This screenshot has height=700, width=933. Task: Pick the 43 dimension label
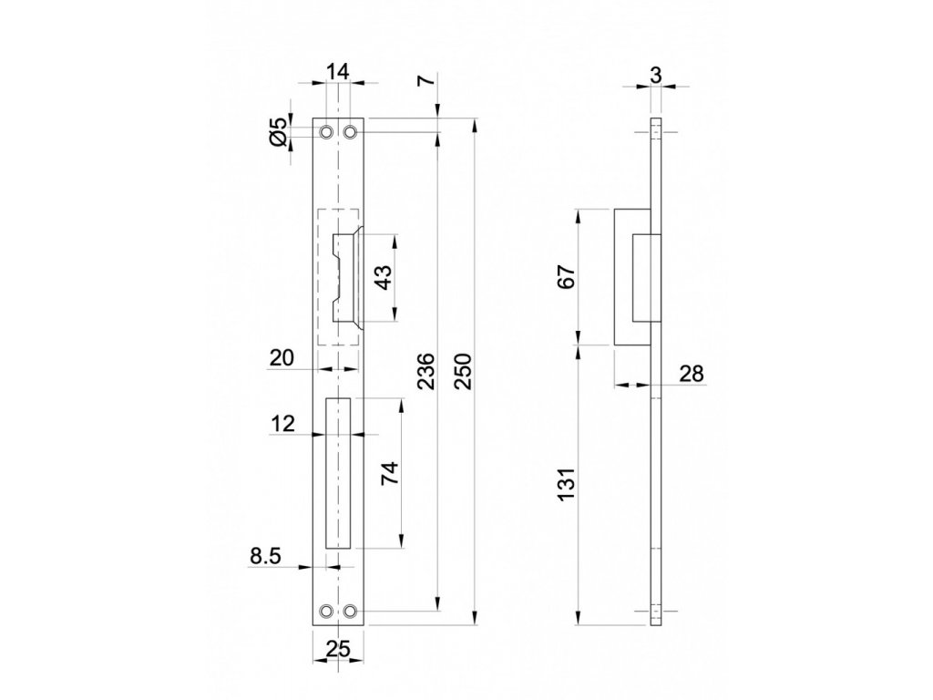(383, 276)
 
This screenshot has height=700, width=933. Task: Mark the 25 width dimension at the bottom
(338, 649)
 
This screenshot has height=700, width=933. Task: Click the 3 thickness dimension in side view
(656, 75)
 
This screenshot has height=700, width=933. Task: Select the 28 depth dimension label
(691, 372)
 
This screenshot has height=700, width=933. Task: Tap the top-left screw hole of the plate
(326, 132)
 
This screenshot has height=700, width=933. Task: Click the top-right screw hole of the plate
(350, 132)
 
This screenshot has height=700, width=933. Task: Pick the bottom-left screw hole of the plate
(326, 611)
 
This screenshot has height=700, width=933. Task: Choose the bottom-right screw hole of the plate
(350, 611)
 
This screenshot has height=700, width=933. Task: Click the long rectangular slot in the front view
(338, 473)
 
